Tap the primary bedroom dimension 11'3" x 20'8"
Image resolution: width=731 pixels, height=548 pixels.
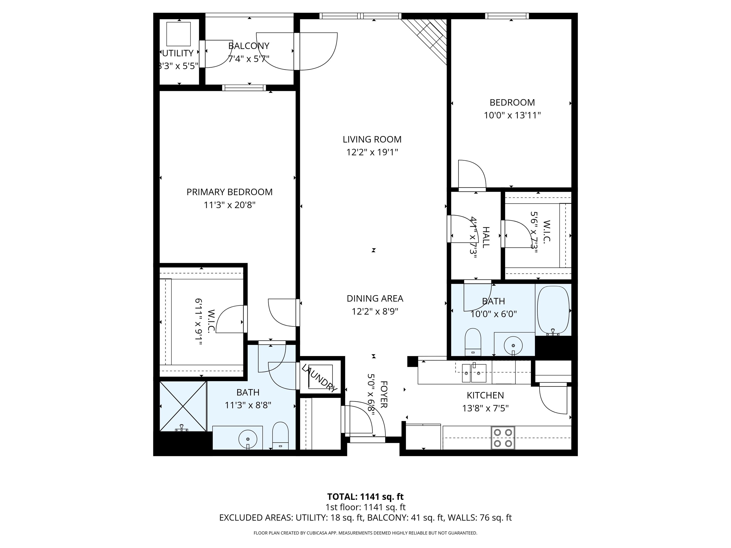[x=229, y=205]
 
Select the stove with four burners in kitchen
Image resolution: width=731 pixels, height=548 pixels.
[x=503, y=438]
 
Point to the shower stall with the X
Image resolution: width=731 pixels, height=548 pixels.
[x=183, y=406]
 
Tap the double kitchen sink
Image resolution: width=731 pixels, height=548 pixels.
[x=474, y=373]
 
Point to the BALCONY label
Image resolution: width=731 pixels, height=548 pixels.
[x=248, y=46]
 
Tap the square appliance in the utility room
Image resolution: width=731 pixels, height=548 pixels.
[x=178, y=34]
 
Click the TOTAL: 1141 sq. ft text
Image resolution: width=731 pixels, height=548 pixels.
[x=365, y=496]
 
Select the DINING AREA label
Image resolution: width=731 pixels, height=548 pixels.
[x=375, y=298]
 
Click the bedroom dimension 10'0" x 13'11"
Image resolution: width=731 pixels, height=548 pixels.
[x=512, y=115]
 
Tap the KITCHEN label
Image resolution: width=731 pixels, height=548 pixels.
[x=485, y=395]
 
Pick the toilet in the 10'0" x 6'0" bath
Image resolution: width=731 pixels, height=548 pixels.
[x=473, y=342]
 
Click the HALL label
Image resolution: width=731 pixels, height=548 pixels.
[x=485, y=237]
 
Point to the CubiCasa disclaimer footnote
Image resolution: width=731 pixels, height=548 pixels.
[x=365, y=533]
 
